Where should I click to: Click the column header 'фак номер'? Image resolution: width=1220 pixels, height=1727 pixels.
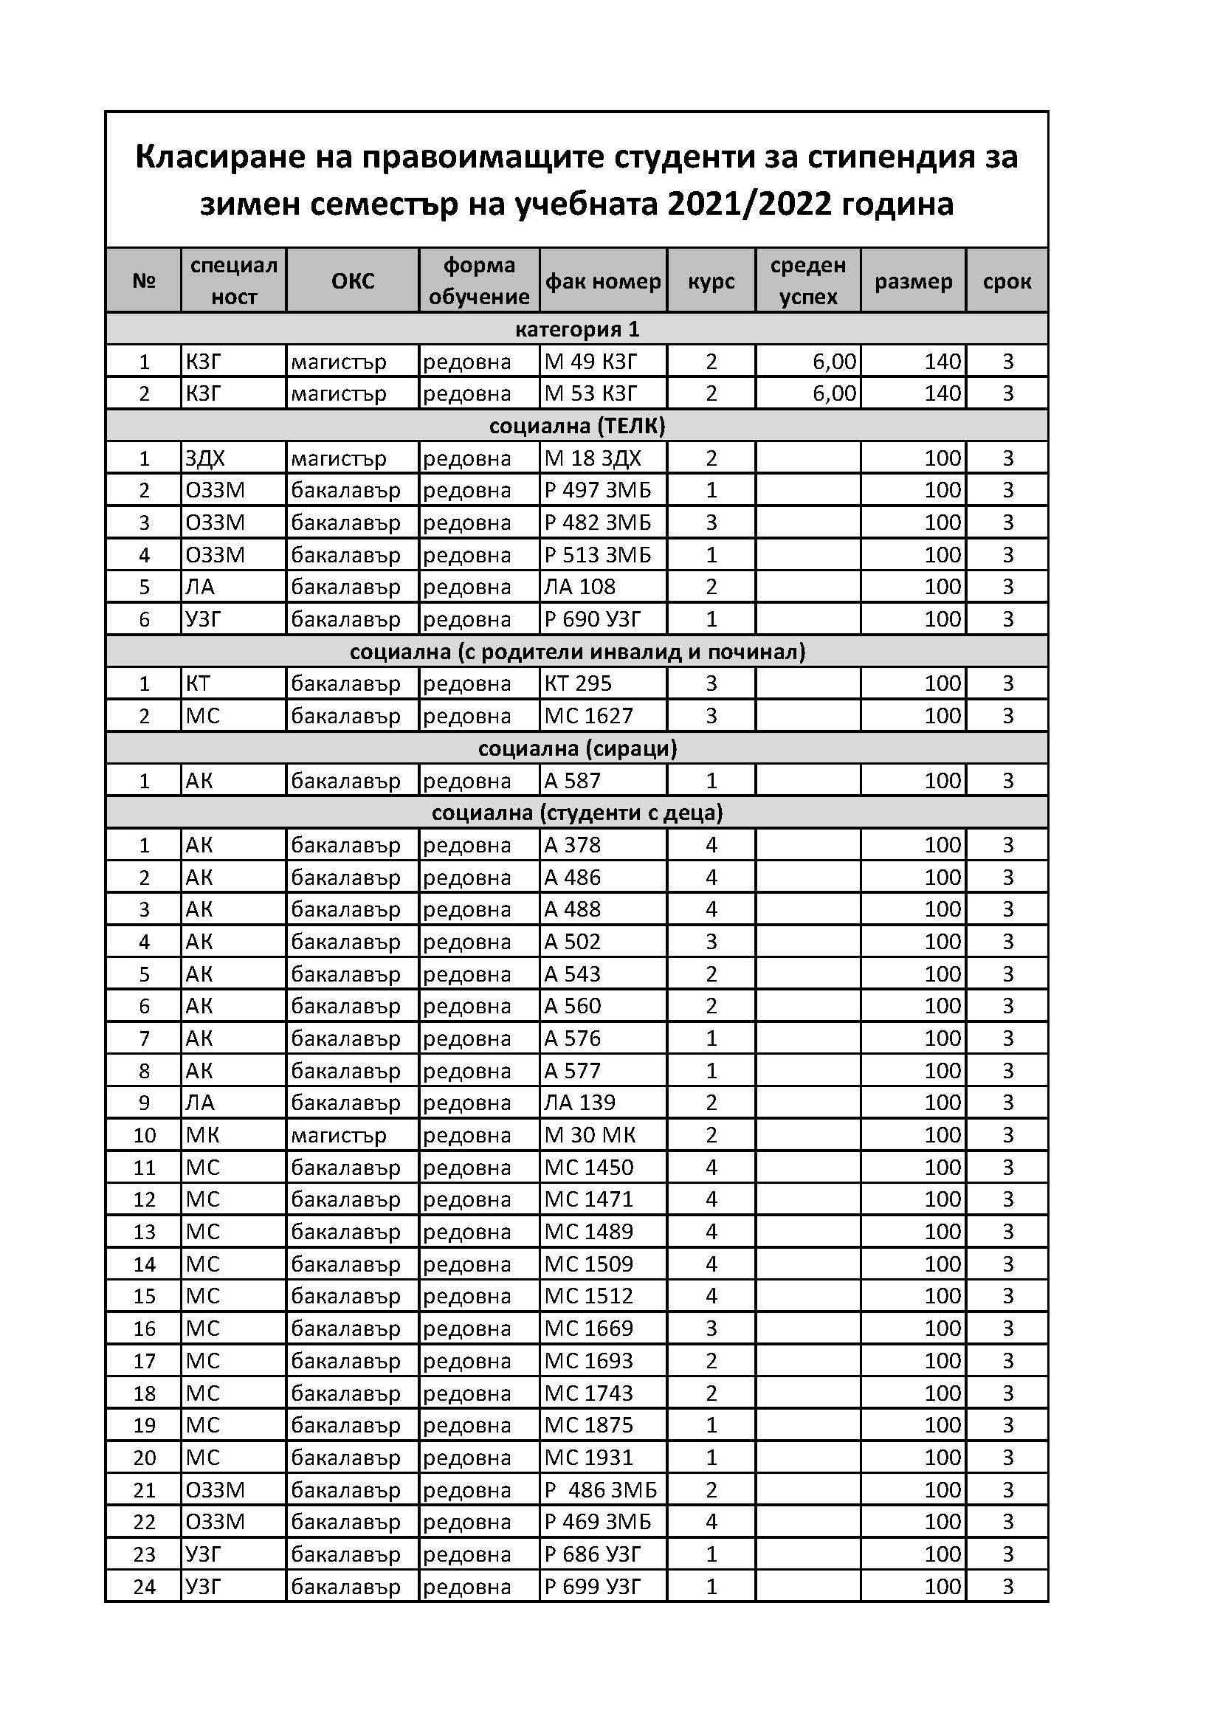tap(602, 281)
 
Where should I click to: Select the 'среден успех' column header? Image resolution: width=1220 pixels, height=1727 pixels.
tap(808, 280)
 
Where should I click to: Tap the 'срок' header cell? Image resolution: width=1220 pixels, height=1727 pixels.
tap(1007, 281)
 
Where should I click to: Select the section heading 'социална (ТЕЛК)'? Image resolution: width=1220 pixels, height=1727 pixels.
tap(577, 426)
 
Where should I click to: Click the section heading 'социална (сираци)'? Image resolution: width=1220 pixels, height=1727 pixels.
tap(577, 748)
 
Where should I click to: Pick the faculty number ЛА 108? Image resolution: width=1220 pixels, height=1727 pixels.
tap(579, 587)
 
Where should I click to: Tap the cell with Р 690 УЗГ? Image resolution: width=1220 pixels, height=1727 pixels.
tap(592, 619)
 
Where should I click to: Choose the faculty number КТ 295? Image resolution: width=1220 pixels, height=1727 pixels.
tap(578, 683)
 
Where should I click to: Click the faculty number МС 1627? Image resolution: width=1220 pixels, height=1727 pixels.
tap(588, 716)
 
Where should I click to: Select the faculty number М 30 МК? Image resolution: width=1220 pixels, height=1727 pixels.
tap(590, 1135)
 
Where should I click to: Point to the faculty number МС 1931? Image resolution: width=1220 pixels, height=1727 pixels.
tap(588, 1458)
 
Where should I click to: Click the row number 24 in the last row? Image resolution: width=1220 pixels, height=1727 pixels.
tap(144, 1587)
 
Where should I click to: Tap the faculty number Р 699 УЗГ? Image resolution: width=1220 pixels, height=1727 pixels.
tap(592, 1587)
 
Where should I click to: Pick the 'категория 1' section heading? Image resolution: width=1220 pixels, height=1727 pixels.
tap(577, 328)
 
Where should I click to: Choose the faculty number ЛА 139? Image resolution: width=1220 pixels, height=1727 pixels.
tap(579, 1103)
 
